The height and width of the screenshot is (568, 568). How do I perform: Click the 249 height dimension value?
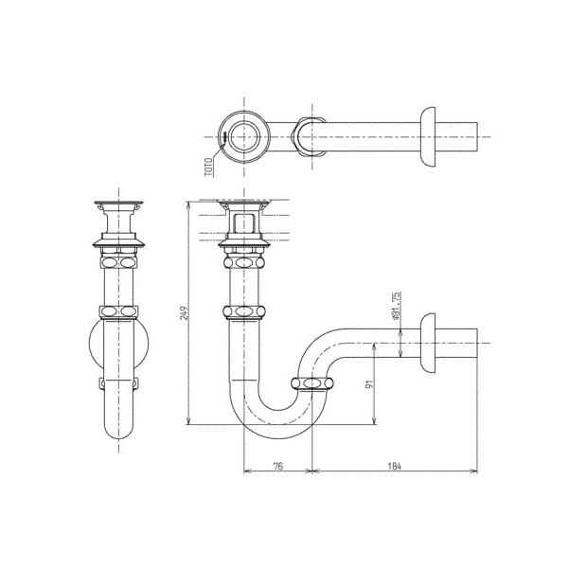click(x=185, y=313)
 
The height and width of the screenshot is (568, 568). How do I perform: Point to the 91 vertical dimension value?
click(x=370, y=385)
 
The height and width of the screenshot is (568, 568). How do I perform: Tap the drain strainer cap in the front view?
click(x=119, y=205)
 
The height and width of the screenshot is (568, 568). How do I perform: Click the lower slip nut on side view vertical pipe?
click(x=244, y=311)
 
